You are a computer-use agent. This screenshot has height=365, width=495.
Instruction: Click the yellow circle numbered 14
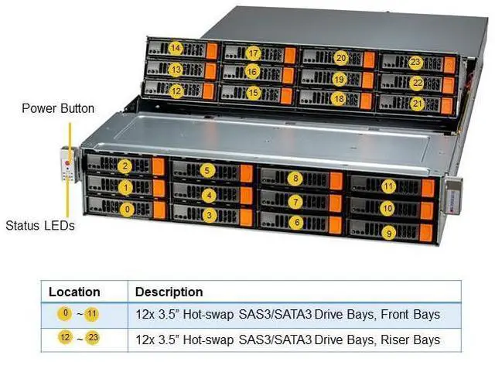coord(176,48)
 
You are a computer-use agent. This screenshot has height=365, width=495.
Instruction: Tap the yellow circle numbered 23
coord(415,62)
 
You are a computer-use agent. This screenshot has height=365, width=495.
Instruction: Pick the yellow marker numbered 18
coord(338,98)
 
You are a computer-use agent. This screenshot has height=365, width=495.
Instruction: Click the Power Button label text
coord(58,108)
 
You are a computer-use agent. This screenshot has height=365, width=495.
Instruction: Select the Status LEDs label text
coord(39,226)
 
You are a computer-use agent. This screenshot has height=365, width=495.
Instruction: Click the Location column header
coord(74,292)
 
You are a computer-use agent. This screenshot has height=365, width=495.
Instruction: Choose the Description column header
coord(169,292)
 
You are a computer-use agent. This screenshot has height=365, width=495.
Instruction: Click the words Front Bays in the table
coord(412,314)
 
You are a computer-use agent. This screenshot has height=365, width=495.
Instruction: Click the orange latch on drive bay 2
coord(159,165)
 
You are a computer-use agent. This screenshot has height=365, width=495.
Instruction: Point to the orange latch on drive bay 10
coord(426,210)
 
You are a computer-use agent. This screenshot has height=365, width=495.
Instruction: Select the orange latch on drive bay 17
coord(289,55)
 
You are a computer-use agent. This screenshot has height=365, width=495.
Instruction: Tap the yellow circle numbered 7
coord(295,201)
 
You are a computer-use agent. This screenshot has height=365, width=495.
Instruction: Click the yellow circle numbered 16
coord(252,71)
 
